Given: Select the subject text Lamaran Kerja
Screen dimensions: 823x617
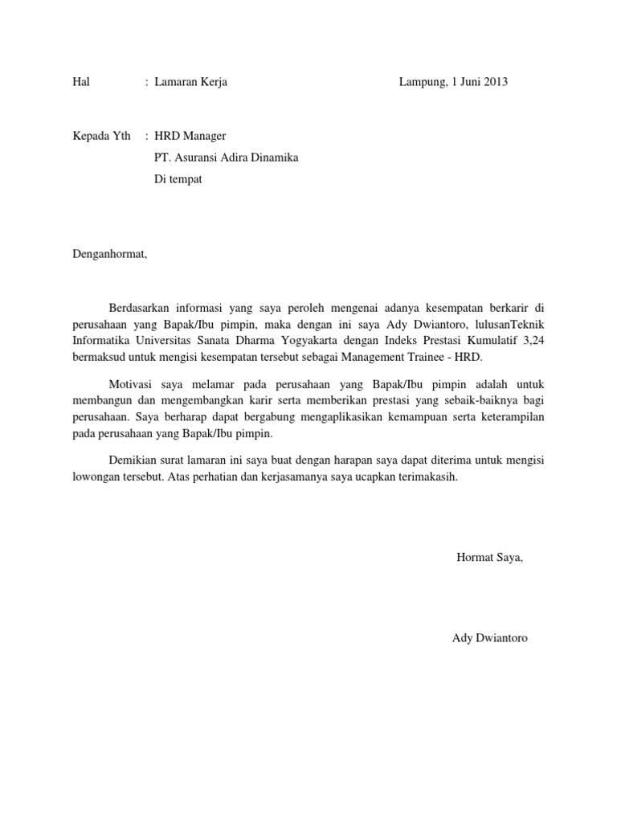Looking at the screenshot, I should pyautogui.click(x=190, y=82).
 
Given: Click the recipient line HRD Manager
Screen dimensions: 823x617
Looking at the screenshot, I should pyautogui.click(x=196, y=137).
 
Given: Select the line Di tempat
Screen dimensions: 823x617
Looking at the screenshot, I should pyautogui.click(x=178, y=179).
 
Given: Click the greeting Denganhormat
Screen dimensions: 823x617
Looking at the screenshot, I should pyautogui.click(x=111, y=254).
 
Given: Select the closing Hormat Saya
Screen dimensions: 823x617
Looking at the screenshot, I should pyautogui.click(x=489, y=557).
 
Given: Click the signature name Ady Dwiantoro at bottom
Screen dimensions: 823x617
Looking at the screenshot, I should pyautogui.click(x=490, y=638).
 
